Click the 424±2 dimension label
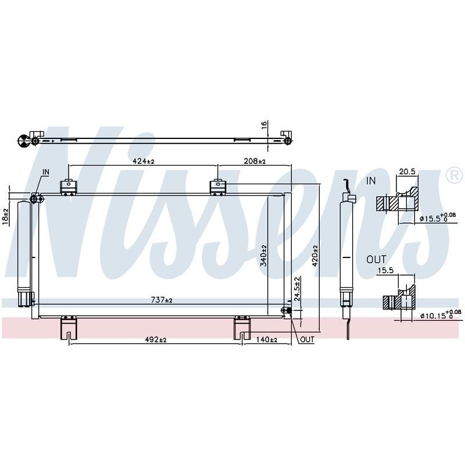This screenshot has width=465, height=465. click(x=144, y=161)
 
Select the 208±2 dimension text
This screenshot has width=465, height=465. click(x=255, y=161)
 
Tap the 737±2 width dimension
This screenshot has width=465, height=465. click(x=162, y=300)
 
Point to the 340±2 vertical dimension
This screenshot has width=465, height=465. click(x=264, y=255)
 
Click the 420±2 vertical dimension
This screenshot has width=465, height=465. click(x=314, y=255)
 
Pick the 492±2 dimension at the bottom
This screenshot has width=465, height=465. click(x=156, y=339)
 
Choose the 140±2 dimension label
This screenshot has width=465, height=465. click(x=266, y=339)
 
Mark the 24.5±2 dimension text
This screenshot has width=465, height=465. click(x=298, y=288)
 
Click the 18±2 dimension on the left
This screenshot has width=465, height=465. click(x=5, y=217)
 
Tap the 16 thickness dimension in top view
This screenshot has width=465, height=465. click(x=264, y=124)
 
